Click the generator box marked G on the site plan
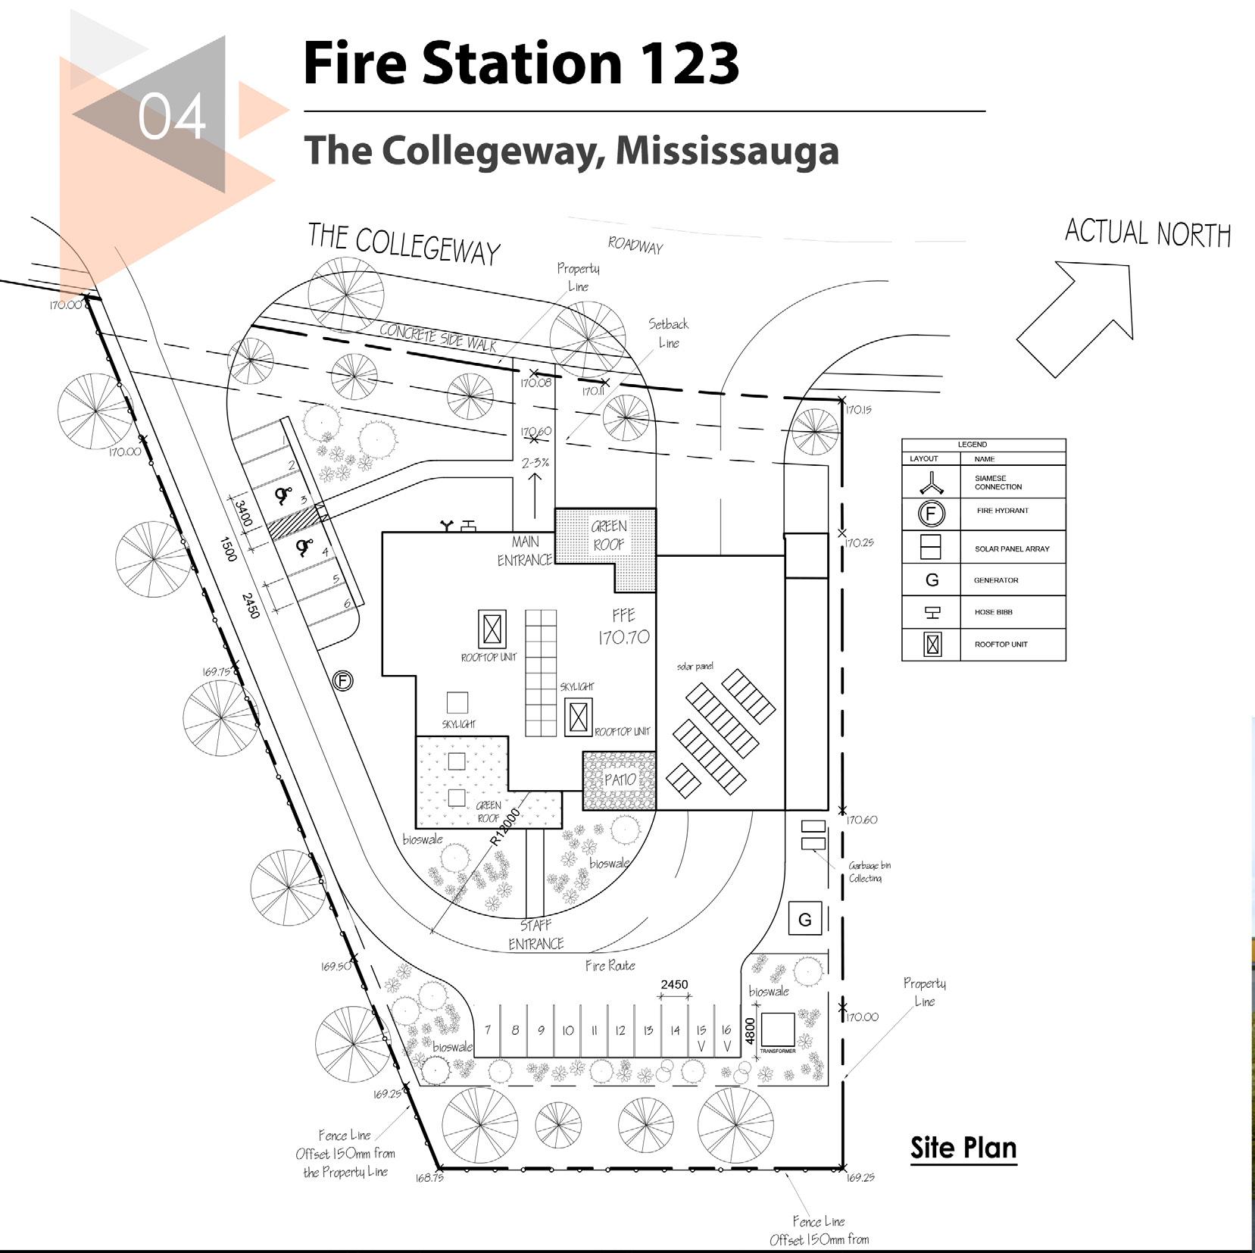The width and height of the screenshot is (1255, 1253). click(x=804, y=920)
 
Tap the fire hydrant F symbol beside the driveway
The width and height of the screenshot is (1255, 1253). click(x=342, y=681)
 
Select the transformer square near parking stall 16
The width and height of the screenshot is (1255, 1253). click(x=777, y=1030)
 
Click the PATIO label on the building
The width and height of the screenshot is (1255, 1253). click(x=620, y=780)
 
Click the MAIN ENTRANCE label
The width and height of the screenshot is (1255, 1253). click(x=525, y=551)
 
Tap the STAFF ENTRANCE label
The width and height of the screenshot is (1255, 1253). click(x=536, y=934)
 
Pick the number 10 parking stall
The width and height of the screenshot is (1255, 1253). click(x=567, y=1030)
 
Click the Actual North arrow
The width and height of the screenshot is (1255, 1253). click(x=1075, y=318)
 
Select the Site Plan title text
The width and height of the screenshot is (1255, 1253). click(x=963, y=1148)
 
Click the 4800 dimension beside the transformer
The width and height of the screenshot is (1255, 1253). click(x=750, y=1030)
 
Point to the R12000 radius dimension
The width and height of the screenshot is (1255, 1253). click(x=505, y=826)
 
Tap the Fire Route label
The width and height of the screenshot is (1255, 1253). click(x=610, y=966)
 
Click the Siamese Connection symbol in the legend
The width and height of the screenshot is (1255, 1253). click(x=931, y=482)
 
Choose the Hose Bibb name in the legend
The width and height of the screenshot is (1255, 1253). click(x=993, y=612)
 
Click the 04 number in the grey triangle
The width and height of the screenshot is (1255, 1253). click(x=172, y=117)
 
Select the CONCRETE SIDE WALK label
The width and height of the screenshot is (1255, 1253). click(x=438, y=337)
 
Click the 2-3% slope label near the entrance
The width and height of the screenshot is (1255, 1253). click(x=535, y=462)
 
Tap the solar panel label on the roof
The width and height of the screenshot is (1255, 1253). click(x=695, y=667)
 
